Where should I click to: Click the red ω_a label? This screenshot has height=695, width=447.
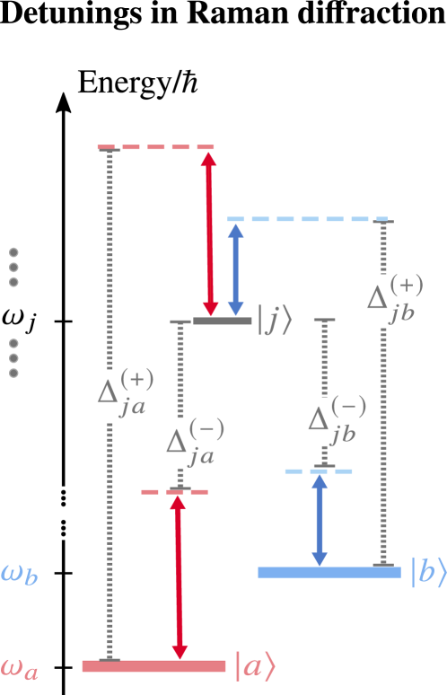coord(19,670)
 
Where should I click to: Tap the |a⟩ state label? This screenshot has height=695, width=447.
coord(254,666)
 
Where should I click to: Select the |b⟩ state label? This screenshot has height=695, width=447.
coord(427,572)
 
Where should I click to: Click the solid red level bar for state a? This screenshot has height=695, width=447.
coord(153,666)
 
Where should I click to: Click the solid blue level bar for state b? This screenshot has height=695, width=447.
coord(329,572)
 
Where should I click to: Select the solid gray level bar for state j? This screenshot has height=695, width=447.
coord(223,321)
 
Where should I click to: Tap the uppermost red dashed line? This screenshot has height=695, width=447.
coord(157,147)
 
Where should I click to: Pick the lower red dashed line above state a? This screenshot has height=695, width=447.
coord(175,492)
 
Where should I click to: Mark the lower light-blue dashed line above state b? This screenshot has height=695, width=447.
coord(319,471)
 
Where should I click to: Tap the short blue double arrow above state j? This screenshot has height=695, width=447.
coord(236,269)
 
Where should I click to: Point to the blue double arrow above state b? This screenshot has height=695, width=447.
coord(319,521)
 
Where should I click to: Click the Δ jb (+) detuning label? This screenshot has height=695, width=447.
coord(394,297)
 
